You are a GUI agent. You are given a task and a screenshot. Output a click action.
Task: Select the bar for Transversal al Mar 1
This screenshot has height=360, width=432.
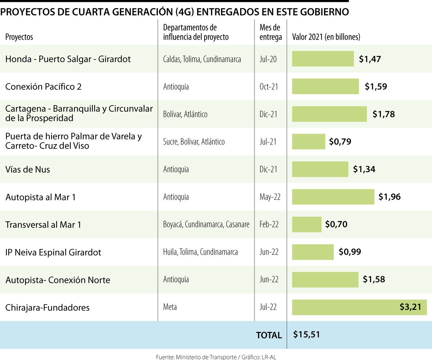pos(306,225)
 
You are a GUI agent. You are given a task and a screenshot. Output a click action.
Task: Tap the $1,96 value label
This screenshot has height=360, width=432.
pos(390,197)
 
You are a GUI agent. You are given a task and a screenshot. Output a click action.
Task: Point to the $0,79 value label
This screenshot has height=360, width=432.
pos(340,142)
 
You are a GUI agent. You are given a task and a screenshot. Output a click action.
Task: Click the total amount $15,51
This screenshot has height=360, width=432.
pos(306,334)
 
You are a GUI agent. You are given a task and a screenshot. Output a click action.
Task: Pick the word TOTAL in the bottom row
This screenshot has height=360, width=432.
pos(269,335)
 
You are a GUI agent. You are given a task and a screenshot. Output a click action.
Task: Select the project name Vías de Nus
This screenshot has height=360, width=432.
pos(28,169)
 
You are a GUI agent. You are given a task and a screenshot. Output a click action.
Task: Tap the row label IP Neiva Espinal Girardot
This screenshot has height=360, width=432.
pos(53,252)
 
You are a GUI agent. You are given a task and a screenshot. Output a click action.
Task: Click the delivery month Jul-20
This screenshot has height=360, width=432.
pos(268,59)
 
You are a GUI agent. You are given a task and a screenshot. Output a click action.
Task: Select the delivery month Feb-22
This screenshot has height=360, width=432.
pos(269,225)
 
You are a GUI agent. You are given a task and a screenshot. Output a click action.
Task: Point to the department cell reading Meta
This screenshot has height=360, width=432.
pos(170,307)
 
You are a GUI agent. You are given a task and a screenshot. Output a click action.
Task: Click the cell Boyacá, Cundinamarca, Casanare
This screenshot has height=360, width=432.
pos(206,225)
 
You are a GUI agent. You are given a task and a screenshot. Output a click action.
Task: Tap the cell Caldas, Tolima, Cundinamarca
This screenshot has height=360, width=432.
pos(202,59)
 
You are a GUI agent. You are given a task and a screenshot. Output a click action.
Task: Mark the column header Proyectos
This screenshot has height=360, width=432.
pos(19,37)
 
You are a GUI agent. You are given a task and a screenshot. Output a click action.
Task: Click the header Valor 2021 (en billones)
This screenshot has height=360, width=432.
pos(326,37)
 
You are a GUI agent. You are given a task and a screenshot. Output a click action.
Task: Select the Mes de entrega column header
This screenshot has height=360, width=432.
pos(270,32)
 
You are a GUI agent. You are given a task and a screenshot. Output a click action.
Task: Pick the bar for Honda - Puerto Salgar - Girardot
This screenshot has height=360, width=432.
pos(323,59)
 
